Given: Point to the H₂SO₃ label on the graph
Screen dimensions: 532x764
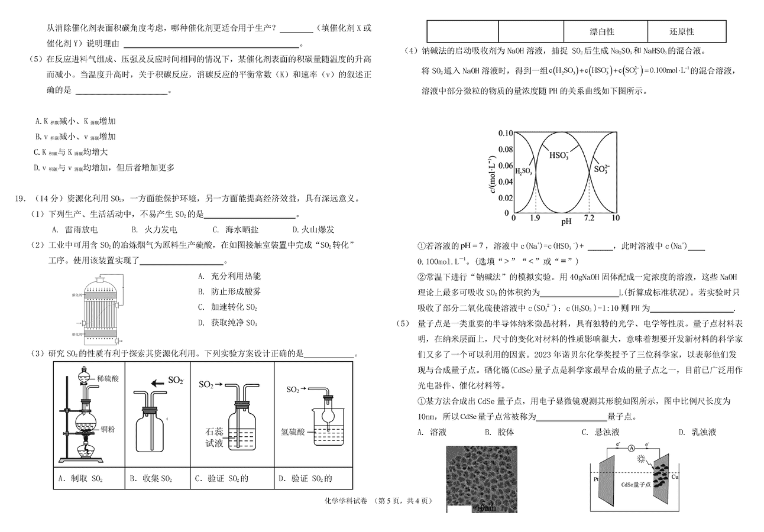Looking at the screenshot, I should pos(523,171).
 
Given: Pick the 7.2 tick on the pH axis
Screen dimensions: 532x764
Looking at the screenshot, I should pos(589,218).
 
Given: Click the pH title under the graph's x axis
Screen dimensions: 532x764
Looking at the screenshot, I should pos(566,222).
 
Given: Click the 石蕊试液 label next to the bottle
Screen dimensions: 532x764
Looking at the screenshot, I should pos(214,437).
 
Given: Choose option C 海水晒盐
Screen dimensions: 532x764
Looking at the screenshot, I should pos(235,229).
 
